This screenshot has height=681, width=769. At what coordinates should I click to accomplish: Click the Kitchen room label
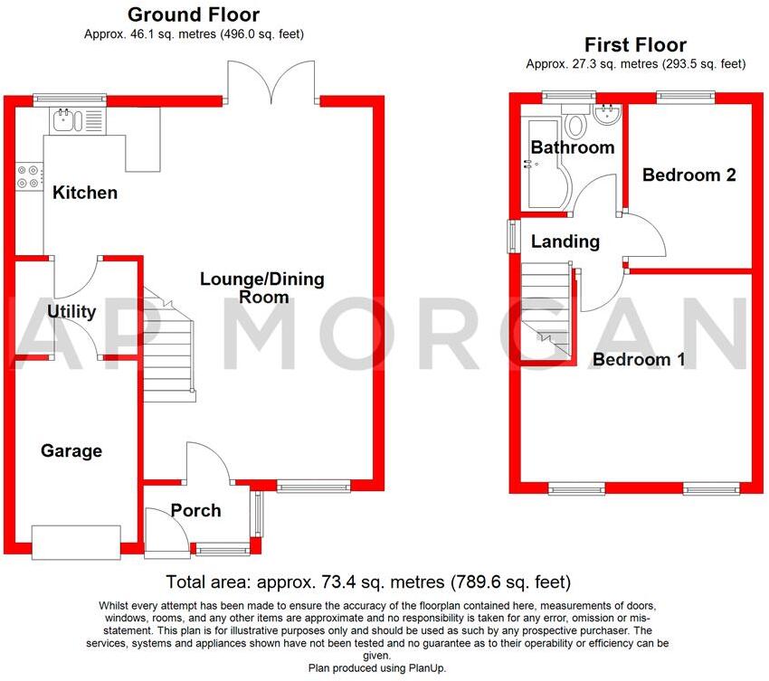point(85,193)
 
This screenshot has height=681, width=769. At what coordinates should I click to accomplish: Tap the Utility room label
point(71,312)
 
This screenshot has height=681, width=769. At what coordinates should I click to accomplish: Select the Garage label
point(71,450)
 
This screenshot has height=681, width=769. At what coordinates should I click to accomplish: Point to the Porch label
point(195,511)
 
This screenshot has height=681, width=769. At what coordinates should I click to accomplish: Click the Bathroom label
point(572,147)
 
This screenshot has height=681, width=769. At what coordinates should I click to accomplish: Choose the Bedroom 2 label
point(688,175)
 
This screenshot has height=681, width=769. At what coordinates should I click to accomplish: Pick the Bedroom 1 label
point(639,360)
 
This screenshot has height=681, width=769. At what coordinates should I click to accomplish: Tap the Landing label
point(565,241)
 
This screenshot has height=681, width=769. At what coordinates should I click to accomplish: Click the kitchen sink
point(69,120)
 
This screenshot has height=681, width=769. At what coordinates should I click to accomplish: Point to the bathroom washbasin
point(607,116)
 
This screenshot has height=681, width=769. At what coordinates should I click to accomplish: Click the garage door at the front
point(76,541)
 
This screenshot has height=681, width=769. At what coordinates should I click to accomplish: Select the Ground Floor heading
point(193,14)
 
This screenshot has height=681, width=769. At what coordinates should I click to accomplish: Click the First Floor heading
point(635,44)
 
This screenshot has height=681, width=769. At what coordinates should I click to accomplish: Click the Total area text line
point(368,582)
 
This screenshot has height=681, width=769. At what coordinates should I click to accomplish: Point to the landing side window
point(512,237)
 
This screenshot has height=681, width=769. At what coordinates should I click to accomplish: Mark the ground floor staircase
point(169,348)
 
